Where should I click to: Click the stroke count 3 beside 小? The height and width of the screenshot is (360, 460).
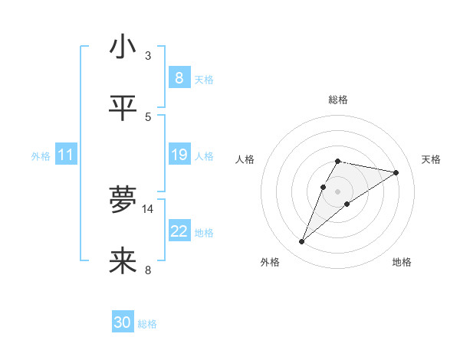coord(148,56)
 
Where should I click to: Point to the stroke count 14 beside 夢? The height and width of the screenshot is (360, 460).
coord(148,208)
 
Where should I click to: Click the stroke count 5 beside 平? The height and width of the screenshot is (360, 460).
coord(148,116)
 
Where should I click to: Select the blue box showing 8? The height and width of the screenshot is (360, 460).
coord(179,78)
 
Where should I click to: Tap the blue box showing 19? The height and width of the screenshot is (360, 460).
coord(179,155)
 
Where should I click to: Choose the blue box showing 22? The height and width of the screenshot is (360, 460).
coord(179,231)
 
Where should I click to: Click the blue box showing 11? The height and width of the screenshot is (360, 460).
coord(66,155)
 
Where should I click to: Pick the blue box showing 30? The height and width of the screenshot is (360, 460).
coord(123,323)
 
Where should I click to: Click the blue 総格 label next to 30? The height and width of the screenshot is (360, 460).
coord(147,324)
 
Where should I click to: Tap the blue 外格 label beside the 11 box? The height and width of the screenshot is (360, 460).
coord(41,156)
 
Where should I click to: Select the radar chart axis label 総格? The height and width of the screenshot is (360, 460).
coord(337,100)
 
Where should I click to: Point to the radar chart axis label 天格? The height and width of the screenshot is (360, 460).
coord(431,159)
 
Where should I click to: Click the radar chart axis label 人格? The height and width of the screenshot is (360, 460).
coord(245,159)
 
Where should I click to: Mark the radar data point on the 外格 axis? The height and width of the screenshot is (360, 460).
coord(301,242)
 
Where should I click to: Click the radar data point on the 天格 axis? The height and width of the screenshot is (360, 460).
coord(396,172)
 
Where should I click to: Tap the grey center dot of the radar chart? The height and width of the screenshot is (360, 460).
coord(337,191)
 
